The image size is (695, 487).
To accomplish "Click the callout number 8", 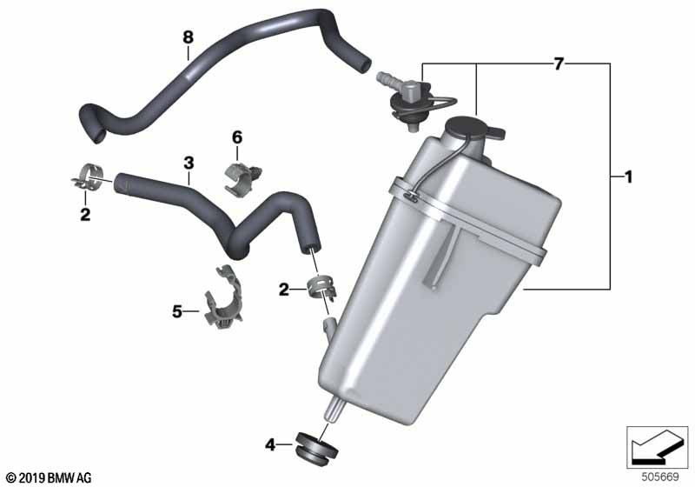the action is (188, 37).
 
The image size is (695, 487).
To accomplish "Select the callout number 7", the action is (559, 63).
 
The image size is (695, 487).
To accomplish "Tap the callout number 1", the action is (627, 177).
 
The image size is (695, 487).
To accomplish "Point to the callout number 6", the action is (237, 137).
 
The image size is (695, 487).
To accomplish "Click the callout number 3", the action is (189, 163).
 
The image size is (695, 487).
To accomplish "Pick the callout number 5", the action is (177, 312).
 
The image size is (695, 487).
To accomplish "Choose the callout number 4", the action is (270, 444).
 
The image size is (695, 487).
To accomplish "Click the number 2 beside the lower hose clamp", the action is (284, 290).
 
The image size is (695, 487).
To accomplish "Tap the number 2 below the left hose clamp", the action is (85, 215).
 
